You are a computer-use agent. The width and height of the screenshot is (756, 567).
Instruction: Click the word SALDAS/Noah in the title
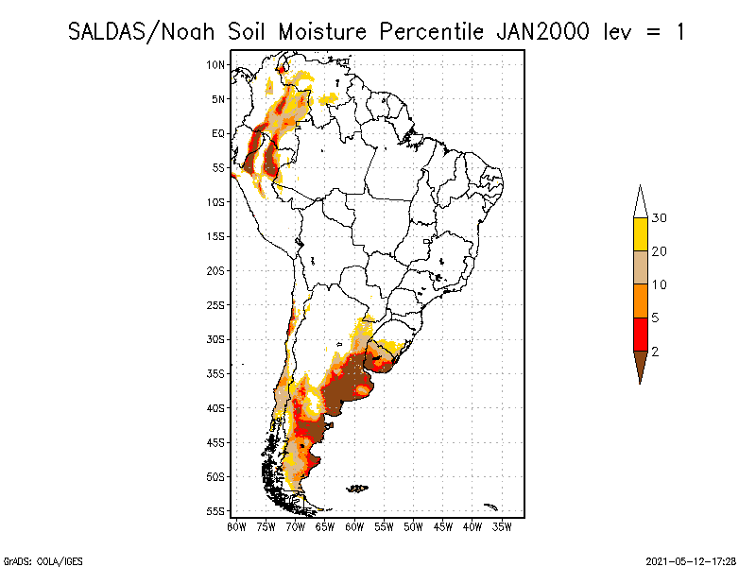tap(141, 32)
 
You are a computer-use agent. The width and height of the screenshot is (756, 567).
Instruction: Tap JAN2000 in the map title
tap(542, 32)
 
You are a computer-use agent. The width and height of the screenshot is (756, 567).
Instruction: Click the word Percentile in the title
tap(432, 32)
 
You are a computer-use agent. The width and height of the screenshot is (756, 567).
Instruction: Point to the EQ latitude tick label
tap(218, 133)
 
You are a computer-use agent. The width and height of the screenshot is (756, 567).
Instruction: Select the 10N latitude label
tap(215, 65)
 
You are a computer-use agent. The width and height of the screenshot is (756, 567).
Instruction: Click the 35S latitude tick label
tap(215, 373)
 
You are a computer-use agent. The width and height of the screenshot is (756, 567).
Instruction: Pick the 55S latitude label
tap(215, 511)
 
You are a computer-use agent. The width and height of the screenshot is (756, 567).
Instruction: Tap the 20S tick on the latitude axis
tap(215, 271)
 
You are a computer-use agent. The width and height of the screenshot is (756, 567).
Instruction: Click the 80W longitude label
tap(236, 527)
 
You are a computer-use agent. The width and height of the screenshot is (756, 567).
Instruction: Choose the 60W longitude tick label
tap(354, 527)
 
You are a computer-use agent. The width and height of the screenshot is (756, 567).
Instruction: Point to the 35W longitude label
tap(502, 527)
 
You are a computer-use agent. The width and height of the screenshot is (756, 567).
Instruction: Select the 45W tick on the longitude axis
tap(443, 527)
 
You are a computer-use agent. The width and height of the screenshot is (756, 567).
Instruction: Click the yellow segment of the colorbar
tap(641, 234)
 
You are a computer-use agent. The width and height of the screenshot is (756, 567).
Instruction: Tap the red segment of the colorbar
tap(641, 335)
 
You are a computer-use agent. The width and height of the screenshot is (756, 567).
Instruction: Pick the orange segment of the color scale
tap(641, 301)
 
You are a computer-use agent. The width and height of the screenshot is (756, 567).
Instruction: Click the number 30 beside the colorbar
tap(659, 218)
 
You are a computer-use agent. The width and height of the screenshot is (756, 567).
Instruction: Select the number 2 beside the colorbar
tap(655, 352)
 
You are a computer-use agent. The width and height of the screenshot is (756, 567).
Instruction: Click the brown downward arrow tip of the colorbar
tap(641, 384)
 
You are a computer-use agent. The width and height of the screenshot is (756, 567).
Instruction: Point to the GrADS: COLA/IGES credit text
tap(43, 561)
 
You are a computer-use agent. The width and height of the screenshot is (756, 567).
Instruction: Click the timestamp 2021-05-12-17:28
tap(691, 561)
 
